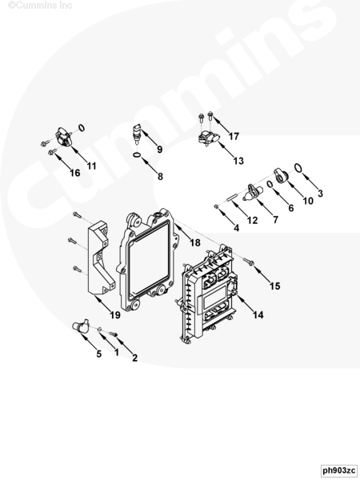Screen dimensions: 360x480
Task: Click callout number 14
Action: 258,314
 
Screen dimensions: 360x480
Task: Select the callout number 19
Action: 115,314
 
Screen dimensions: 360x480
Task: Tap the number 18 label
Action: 195,242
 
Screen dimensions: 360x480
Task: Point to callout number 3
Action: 320,193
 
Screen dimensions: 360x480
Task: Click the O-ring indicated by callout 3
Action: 298,168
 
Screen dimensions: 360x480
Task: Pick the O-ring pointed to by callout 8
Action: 137,155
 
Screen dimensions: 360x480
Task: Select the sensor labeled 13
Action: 209,137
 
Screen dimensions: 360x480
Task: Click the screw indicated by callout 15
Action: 249,262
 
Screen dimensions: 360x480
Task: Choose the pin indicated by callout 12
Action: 232,197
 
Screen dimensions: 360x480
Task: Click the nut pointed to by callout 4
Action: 216,206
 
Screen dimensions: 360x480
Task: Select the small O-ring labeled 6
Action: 270,184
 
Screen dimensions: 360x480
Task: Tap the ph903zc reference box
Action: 339,470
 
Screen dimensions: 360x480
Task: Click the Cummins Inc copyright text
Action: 40,6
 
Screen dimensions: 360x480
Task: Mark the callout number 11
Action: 91,166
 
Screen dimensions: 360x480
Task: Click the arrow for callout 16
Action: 64,158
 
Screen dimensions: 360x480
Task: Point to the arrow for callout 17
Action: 221,124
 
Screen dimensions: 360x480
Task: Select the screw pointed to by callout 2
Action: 114,334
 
